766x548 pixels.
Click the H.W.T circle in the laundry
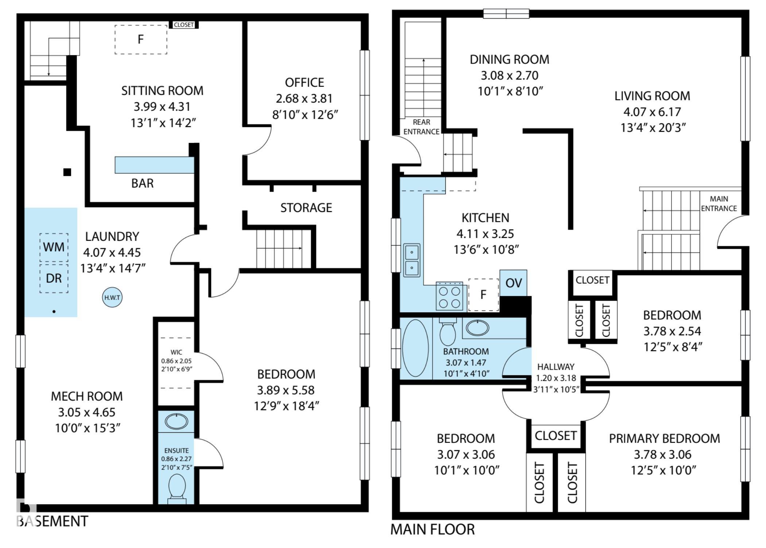click(112, 297)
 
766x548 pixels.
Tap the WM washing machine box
click(54, 247)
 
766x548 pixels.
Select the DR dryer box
click(54, 278)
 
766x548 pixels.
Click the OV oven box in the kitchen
click(513, 283)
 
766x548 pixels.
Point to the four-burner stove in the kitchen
click(449, 297)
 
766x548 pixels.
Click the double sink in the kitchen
click(412, 260)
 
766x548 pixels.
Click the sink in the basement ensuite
click(177, 422)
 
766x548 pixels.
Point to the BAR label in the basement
click(142, 183)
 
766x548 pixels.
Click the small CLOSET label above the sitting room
click(184, 25)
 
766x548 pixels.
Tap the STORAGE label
click(306, 208)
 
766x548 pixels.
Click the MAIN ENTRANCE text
click(719, 204)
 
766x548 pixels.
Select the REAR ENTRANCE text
click(421, 127)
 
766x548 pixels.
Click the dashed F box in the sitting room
click(141, 39)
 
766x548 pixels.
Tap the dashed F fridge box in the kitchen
click(483, 295)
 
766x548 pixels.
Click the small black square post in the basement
click(67, 172)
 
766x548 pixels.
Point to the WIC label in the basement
click(176, 352)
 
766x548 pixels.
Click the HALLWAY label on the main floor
click(556, 367)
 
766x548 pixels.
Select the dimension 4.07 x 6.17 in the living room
click(652, 112)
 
